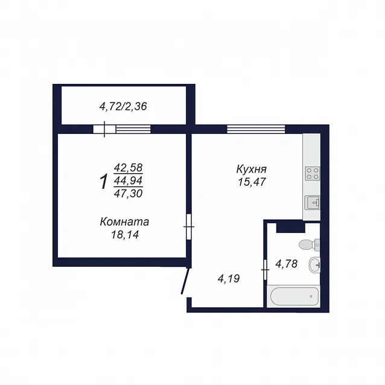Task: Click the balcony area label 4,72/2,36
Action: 123,107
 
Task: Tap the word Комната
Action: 124,221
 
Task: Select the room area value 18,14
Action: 125,235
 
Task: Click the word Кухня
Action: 252,169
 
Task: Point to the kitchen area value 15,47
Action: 252,182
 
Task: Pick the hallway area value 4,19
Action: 229,279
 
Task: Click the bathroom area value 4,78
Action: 287,264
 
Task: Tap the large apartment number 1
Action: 104,182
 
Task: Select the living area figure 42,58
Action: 128,168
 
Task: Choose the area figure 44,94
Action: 128,180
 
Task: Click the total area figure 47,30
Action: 128,194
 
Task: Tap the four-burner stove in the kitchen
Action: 313,173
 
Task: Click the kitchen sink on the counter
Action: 313,203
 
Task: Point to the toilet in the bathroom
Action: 309,245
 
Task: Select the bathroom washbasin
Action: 314,265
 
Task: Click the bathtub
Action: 294,296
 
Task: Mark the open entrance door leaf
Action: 185,281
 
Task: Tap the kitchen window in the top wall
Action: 256,129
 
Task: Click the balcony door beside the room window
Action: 104,129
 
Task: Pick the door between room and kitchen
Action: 189,227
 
